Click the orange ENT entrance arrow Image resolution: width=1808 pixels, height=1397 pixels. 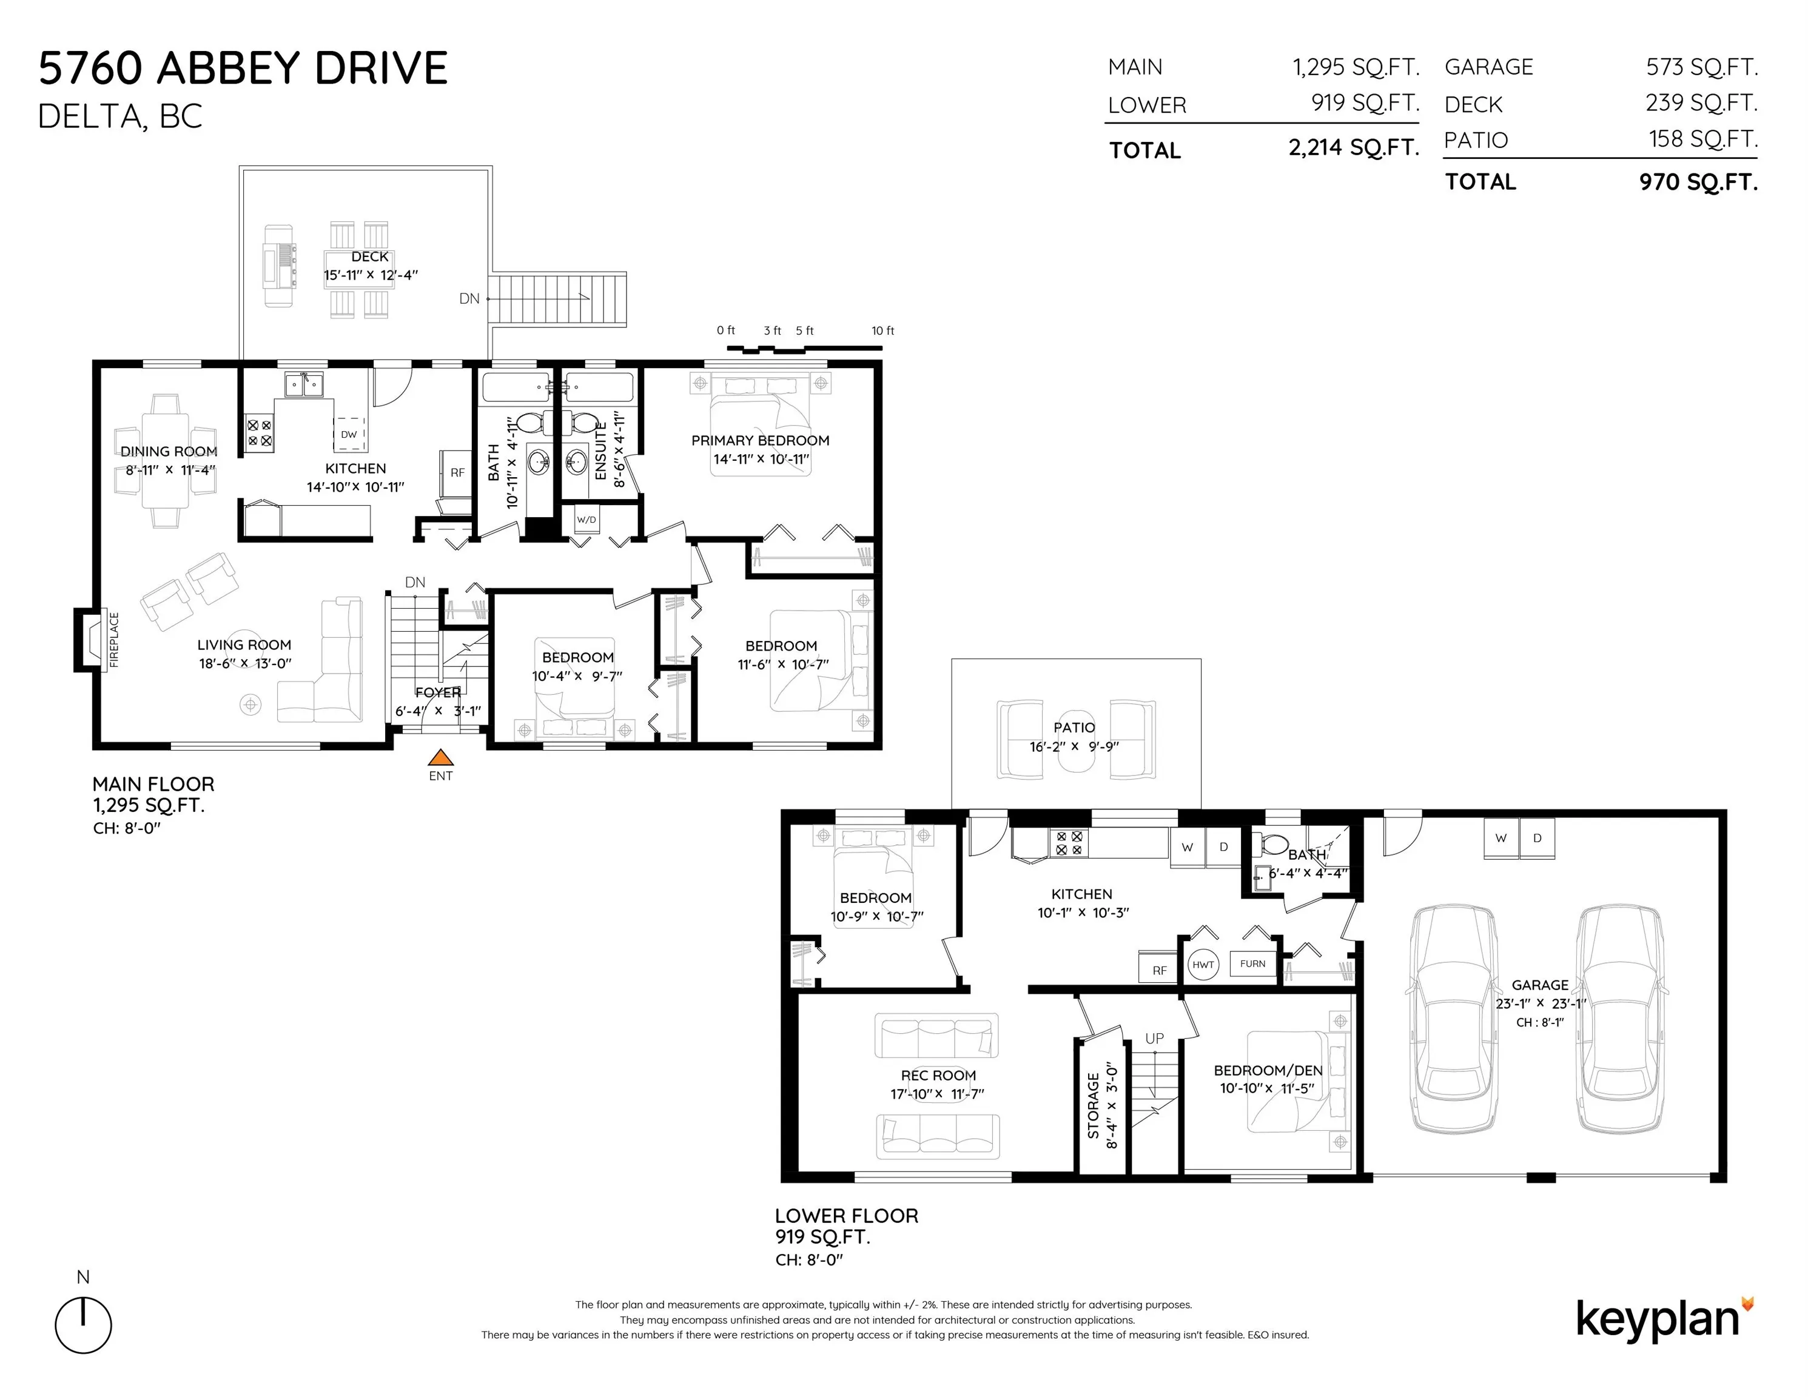click(440, 757)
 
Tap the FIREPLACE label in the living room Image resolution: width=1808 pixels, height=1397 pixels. click(114, 640)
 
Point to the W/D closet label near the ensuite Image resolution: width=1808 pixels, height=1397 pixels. click(586, 520)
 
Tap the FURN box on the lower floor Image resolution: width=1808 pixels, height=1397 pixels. click(1252, 963)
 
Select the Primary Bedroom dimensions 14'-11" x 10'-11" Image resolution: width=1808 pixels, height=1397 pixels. click(761, 460)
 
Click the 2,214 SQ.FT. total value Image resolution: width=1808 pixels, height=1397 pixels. click(1354, 148)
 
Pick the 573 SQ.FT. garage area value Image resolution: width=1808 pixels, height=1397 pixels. click(1701, 67)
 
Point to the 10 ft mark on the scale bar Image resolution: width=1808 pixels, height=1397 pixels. click(882, 331)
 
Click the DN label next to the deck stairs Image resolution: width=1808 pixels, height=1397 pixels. click(469, 299)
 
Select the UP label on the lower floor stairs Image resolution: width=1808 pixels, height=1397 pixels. click(1154, 1038)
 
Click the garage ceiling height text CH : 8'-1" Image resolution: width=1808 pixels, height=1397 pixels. click(1540, 1022)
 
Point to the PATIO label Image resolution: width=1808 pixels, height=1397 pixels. click(1074, 728)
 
